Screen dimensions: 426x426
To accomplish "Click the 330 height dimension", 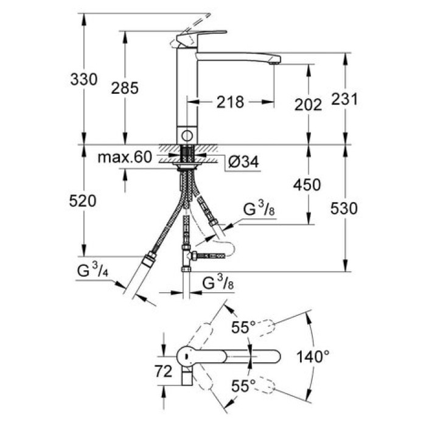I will point(84,80).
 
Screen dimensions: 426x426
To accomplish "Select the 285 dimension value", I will point(125,88).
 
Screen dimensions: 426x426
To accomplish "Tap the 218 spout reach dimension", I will point(231,102).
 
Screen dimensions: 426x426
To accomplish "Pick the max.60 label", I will point(124,158).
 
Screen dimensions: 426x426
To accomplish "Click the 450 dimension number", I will point(308,184).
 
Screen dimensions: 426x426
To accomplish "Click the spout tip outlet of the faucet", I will point(275,60).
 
